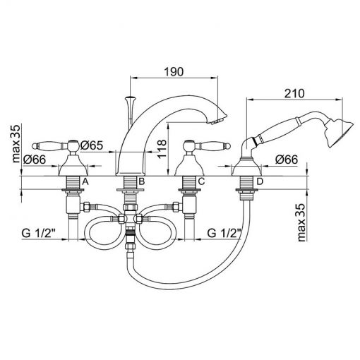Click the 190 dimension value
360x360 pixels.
click(174, 72)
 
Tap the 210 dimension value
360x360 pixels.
click(294, 94)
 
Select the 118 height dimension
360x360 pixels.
click(162, 149)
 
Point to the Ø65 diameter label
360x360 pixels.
click(92, 145)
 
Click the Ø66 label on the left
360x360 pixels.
click(35, 160)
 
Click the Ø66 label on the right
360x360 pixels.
click(287, 160)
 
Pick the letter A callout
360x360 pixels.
click(85, 181)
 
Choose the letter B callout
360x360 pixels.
click(141, 181)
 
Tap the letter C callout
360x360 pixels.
click(201, 181)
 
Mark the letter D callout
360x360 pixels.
click(260, 181)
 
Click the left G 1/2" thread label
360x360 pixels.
click(39, 234)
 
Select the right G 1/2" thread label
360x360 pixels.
click(224, 234)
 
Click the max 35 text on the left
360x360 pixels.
click(16, 143)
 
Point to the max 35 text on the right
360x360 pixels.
click(301, 223)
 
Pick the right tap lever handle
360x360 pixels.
click(212, 145)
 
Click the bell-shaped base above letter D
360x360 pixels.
click(246, 167)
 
